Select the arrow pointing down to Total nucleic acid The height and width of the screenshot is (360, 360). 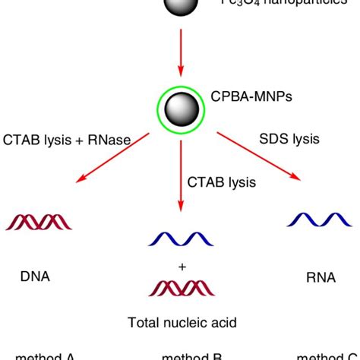180,175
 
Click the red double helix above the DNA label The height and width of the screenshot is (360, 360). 39,222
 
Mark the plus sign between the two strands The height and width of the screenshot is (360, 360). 181,267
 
